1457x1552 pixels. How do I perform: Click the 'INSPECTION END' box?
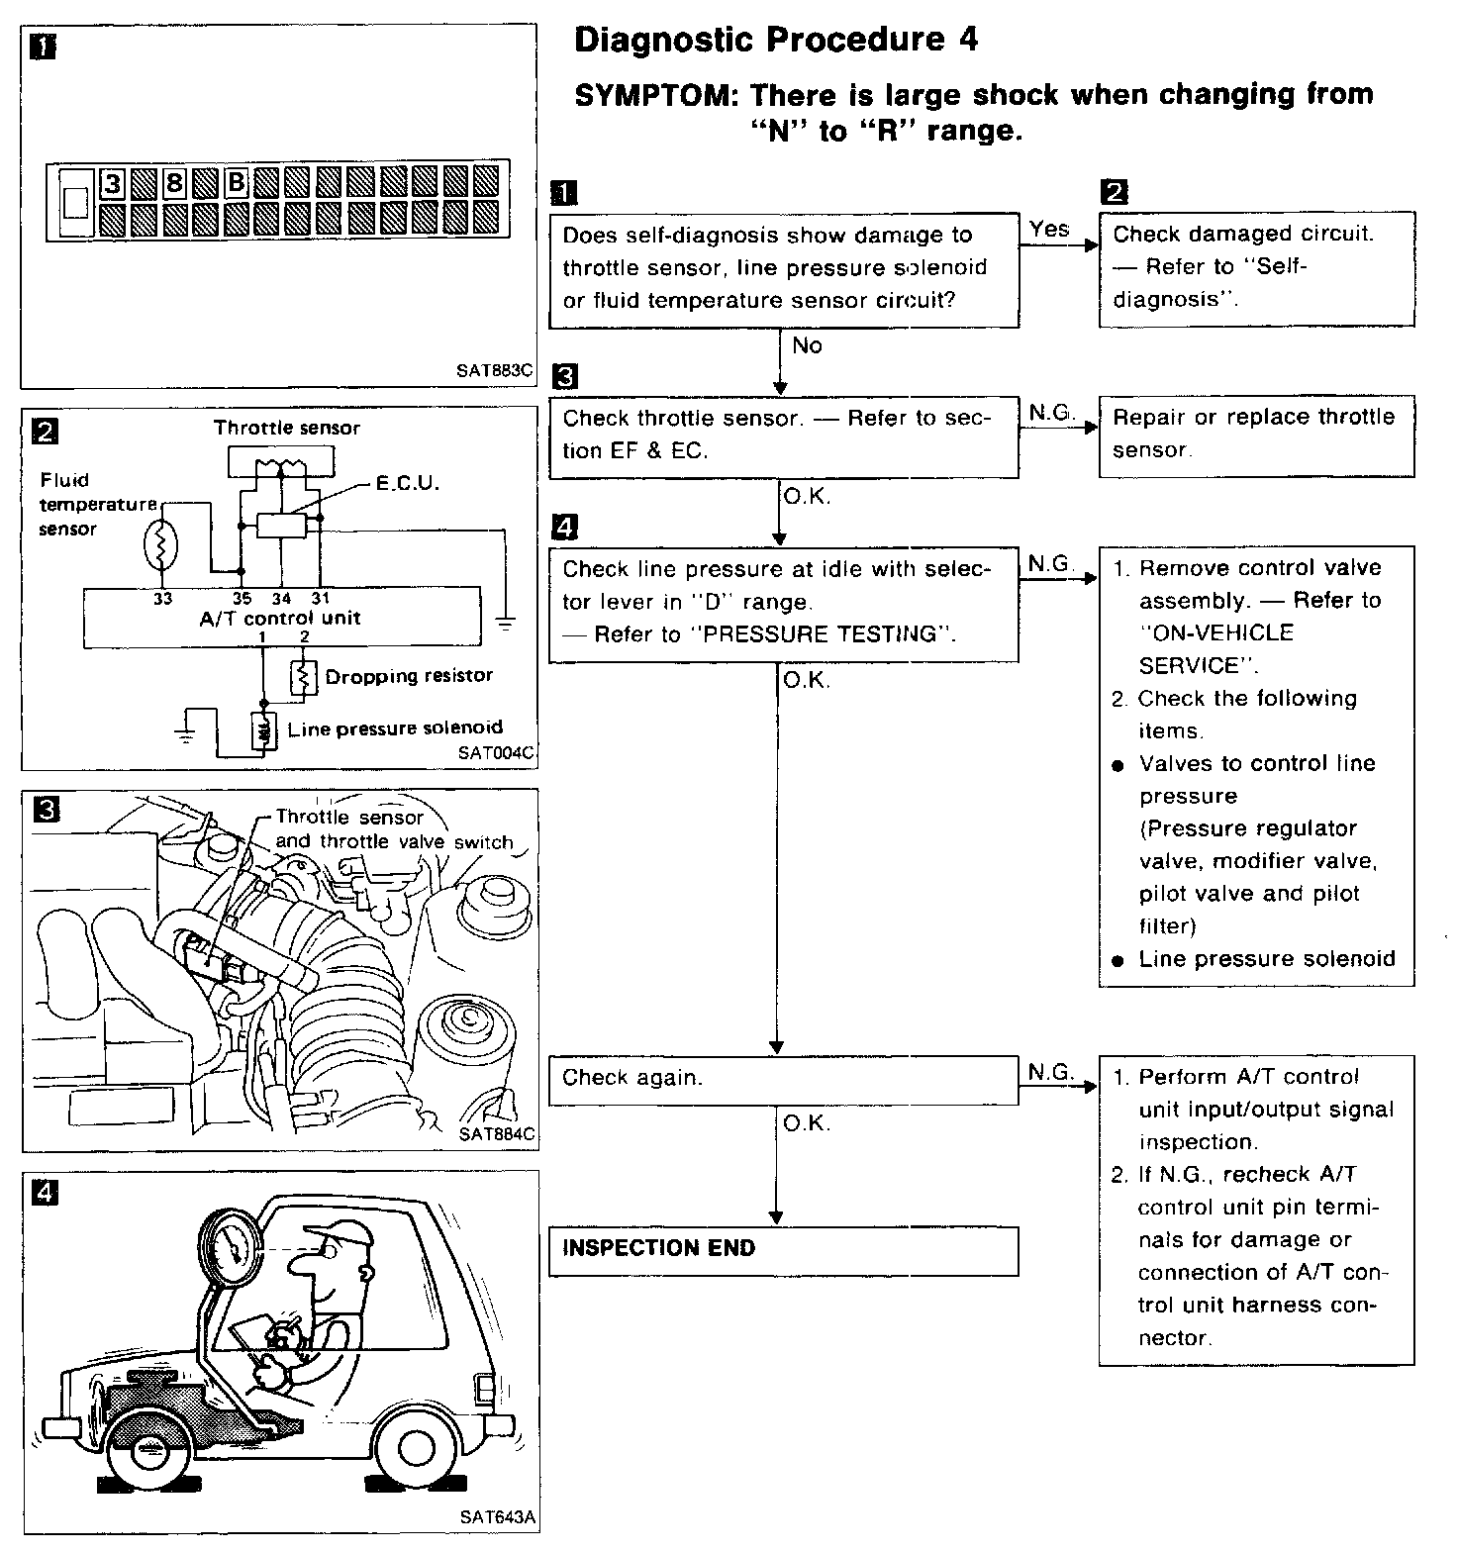point(783,1250)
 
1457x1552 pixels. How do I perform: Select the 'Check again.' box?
point(783,1079)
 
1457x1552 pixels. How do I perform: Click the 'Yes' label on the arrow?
point(1049,230)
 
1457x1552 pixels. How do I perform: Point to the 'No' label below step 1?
point(808,345)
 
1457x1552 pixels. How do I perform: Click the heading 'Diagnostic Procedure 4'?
point(775,40)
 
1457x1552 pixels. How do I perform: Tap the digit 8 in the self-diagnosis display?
point(174,183)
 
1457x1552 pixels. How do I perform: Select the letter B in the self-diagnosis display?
point(236,183)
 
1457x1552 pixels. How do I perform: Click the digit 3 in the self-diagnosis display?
point(113,183)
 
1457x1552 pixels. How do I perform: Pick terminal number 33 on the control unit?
point(162,599)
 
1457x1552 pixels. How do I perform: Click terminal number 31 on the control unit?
point(321,599)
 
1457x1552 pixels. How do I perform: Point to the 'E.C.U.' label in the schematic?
point(408,485)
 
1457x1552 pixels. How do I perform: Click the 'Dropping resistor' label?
point(409,676)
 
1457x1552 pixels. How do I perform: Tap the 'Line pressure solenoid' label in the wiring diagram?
point(395,728)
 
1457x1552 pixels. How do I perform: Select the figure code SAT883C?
point(495,372)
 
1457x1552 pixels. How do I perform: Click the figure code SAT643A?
point(497,1516)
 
